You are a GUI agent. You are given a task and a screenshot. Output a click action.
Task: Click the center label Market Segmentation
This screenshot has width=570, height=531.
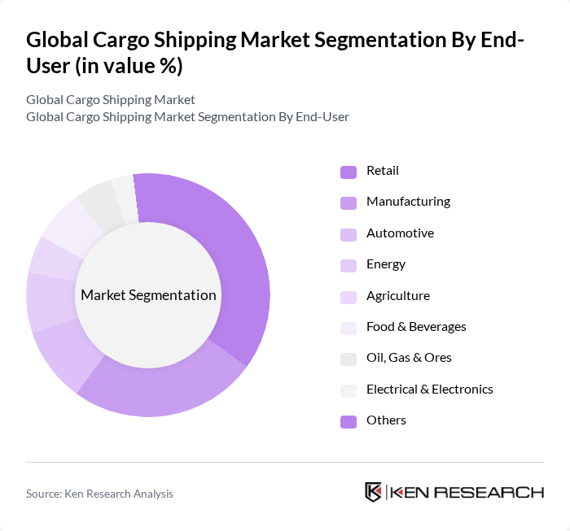148,295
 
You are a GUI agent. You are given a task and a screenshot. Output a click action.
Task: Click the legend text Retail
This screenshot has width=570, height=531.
382,171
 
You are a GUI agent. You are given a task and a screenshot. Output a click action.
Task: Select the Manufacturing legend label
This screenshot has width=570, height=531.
408,202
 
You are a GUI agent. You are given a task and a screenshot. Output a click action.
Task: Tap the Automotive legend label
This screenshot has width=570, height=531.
400,233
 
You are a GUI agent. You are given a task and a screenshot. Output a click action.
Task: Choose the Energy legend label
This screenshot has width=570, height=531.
386,264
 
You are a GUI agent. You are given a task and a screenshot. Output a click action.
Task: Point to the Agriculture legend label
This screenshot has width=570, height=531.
397,296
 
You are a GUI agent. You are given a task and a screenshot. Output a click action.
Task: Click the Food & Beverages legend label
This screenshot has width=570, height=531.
416,327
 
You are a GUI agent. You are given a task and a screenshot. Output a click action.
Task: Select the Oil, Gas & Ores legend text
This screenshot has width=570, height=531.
409,358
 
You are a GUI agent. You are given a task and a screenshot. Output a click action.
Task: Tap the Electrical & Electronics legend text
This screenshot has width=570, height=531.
429,390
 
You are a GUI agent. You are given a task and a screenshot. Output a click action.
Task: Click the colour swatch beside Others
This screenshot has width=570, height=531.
349,421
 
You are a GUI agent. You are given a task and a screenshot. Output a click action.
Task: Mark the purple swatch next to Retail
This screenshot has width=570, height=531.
349,172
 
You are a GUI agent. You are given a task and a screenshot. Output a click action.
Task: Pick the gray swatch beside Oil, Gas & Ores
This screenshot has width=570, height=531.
349,359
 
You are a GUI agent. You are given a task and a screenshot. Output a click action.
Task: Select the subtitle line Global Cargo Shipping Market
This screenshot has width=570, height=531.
111,99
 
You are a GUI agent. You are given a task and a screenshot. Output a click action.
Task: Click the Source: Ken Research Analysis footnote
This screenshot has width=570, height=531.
99,494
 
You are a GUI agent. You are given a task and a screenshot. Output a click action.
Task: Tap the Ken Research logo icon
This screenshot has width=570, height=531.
374,492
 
